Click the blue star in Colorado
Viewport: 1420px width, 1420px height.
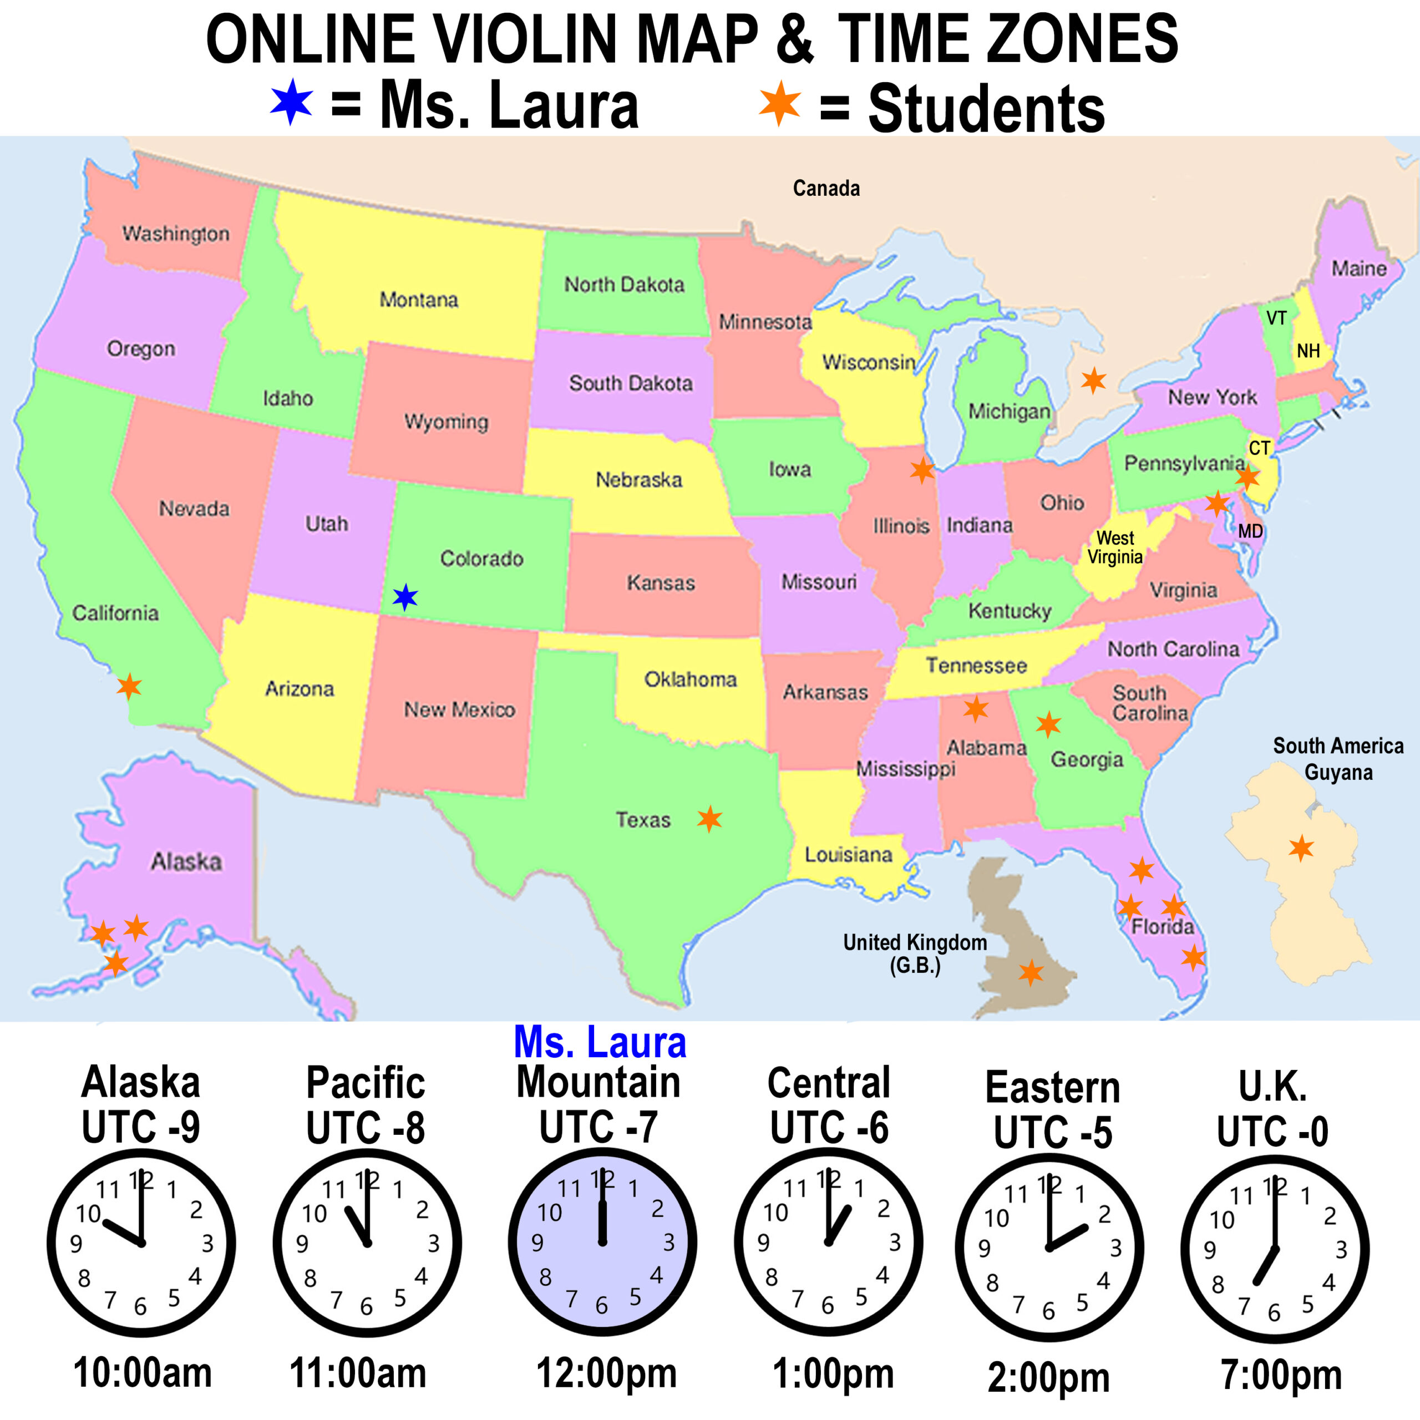tap(405, 597)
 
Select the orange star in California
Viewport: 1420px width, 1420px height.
tap(129, 687)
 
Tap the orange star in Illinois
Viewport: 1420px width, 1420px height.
tap(922, 470)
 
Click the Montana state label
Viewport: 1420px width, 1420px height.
tap(418, 300)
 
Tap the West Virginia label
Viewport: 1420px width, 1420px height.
tap(1115, 547)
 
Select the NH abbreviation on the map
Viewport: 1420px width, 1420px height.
tap(1309, 351)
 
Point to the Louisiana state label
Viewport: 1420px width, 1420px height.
tap(848, 854)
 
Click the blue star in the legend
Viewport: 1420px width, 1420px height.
tap(292, 102)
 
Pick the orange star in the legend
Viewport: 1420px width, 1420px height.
tap(780, 103)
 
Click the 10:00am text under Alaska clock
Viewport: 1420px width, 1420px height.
tap(143, 1373)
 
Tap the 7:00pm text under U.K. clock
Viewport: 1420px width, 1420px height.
tap(1281, 1375)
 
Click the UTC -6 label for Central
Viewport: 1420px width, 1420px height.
tap(829, 1128)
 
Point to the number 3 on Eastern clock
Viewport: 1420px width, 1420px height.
tap(1115, 1248)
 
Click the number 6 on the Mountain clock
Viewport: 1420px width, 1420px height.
tap(601, 1305)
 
